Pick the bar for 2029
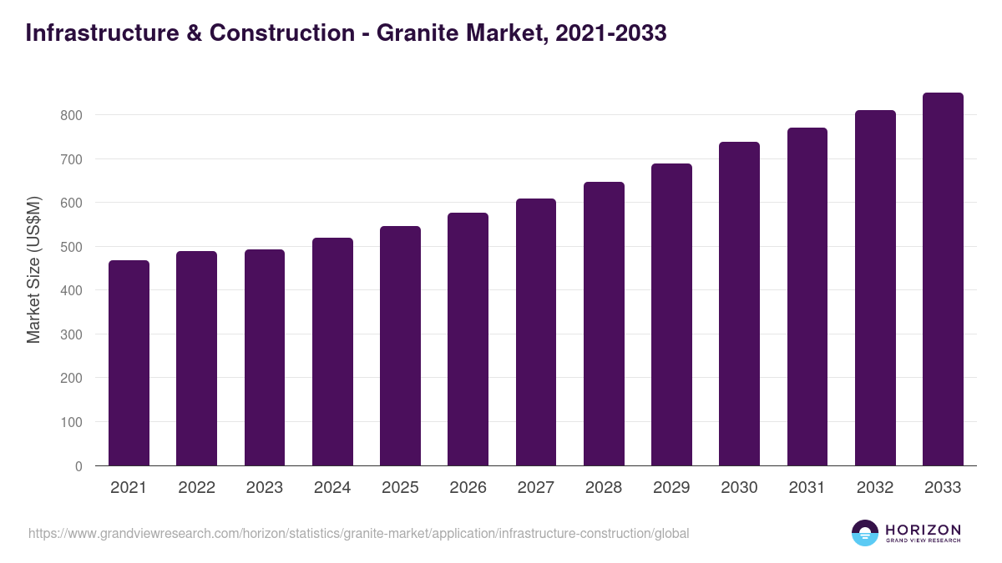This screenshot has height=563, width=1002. coord(671,314)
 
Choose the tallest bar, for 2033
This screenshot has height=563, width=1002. coord(943,279)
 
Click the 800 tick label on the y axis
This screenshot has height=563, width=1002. coord(73,115)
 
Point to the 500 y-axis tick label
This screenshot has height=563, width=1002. coord(73,247)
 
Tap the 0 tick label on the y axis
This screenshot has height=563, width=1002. coord(78,466)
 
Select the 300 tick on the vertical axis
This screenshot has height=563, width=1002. coord(73,334)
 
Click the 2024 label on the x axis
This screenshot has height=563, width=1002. coord(332,488)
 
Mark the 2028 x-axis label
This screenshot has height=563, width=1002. coord(604,488)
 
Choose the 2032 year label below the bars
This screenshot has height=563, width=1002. coord(875,488)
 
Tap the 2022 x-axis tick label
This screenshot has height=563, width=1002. coord(196,488)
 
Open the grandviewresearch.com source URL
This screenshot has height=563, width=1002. coord(359,533)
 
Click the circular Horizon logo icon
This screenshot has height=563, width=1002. coord(865,533)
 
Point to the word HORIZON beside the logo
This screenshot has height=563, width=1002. coord(923,529)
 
